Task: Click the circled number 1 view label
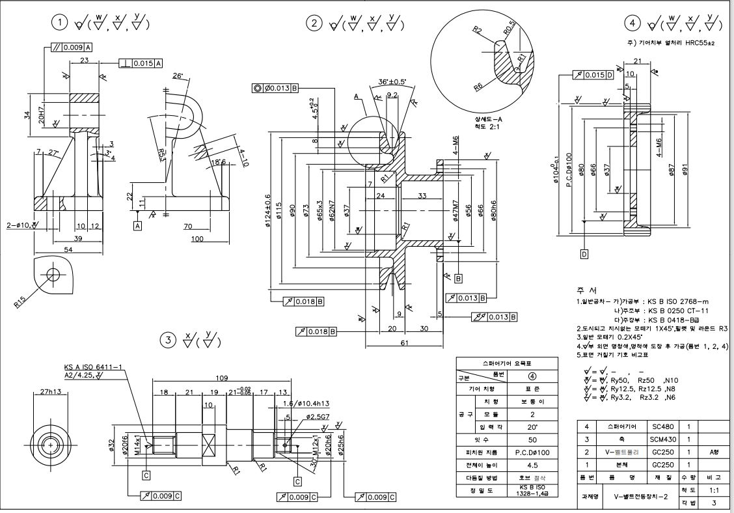point(61,23)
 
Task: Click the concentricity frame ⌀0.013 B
point(276,88)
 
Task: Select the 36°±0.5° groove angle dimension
point(392,83)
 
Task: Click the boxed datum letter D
point(584,253)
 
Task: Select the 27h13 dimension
point(50,392)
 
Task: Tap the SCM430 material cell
point(662,439)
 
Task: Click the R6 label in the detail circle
point(479,85)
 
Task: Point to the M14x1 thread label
point(139,444)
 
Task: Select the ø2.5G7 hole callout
point(310,415)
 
